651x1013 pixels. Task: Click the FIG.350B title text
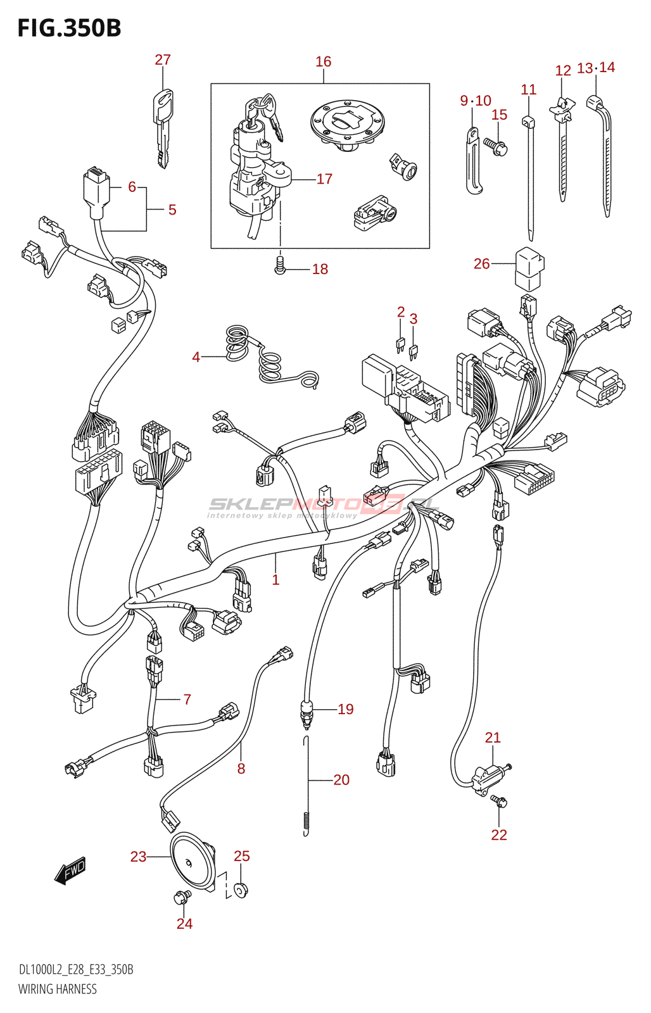(69, 28)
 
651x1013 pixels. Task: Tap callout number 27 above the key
(163, 60)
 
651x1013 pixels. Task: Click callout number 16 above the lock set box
(324, 61)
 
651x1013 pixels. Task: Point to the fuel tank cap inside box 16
(349, 124)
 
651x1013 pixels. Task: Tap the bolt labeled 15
(495, 146)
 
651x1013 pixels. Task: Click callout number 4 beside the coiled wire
(196, 357)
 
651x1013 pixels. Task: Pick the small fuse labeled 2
(400, 346)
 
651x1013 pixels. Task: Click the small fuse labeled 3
(413, 353)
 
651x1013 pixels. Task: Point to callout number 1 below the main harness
(275, 580)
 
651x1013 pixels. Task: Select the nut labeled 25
(241, 891)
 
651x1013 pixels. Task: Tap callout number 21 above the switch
(493, 738)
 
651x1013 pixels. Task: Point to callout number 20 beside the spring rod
(341, 779)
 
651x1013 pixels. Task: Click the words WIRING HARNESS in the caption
(58, 990)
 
